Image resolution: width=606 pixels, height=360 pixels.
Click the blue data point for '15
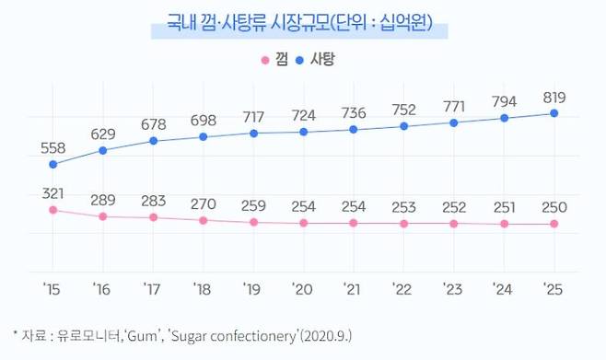[52, 165]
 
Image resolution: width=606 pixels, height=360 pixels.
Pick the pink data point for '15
[52, 210]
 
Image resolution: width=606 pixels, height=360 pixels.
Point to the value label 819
[554, 97]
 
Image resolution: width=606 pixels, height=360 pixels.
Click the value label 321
[52, 192]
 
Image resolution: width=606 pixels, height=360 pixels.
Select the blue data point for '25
[554, 113]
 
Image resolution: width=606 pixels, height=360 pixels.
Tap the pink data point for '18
[203, 220]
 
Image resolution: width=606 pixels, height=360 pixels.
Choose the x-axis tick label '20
[303, 288]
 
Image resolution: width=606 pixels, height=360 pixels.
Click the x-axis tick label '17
[153, 288]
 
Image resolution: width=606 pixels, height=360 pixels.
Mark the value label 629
[102, 134]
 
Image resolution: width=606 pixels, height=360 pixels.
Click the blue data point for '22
[403, 126]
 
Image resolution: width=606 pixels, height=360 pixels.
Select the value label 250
[554, 207]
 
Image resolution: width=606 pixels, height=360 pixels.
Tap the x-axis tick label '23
[453, 288]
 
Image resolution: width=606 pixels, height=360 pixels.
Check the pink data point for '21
[353, 223]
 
